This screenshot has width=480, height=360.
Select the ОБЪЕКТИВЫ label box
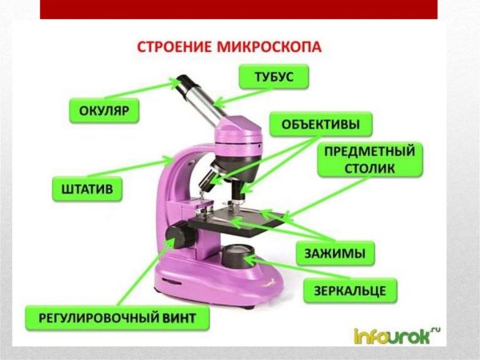pyautogui.click(x=320, y=124)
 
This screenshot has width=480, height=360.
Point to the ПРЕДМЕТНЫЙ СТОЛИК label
pyautogui.click(x=369, y=160)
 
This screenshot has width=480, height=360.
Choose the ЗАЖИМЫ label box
pyautogui.click(x=334, y=254)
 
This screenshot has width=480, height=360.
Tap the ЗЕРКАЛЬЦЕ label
pyautogui.click(x=350, y=289)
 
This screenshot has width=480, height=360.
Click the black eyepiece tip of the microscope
pyautogui.click(x=185, y=82)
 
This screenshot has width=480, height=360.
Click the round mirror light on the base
pyautogui.click(x=238, y=257)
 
